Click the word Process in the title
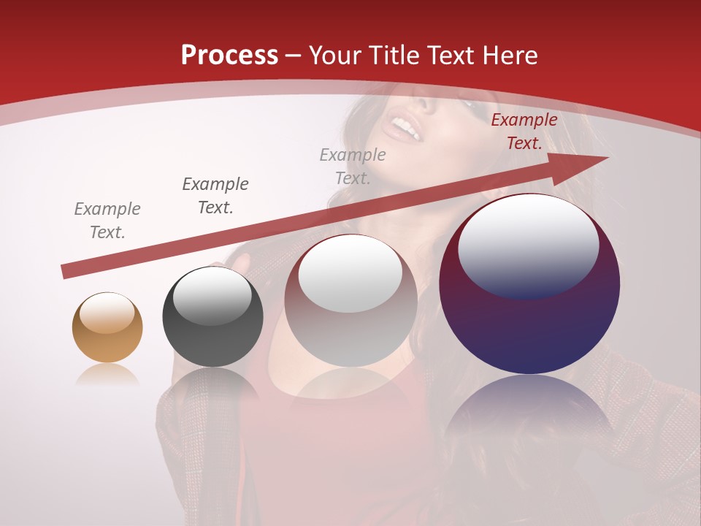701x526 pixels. pyautogui.click(x=229, y=55)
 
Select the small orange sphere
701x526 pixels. pyautogui.click(x=107, y=328)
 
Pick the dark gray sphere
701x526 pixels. pyautogui.click(x=212, y=317)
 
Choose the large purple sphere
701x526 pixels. pyautogui.click(x=529, y=285)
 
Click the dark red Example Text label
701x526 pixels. pyautogui.click(x=524, y=131)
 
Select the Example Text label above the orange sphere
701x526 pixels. pyautogui.click(x=107, y=221)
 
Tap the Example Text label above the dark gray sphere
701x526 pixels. pyautogui.click(x=215, y=196)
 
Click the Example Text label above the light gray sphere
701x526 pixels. pyautogui.click(x=353, y=167)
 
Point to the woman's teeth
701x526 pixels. pyautogui.click(x=406, y=129)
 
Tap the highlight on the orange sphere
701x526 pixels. pyautogui.click(x=107, y=313)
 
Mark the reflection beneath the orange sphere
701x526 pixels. pyautogui.click(x=107, y=376)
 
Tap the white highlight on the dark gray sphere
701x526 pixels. pyautogui.click(x=212, y=297)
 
